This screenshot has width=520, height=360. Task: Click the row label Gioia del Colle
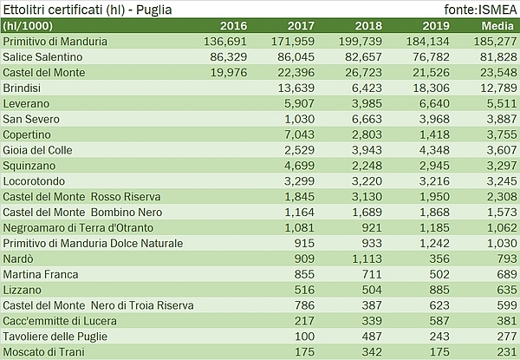pyautogui.click(x=40, y=150)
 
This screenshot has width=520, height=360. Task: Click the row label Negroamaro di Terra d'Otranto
pyautogui.click(x=83, y=228)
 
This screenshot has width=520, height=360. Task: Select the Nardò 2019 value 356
pyautogui.click(x=445, y=259)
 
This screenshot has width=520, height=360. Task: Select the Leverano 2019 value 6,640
pyautogui.click(x=441, y=103)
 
